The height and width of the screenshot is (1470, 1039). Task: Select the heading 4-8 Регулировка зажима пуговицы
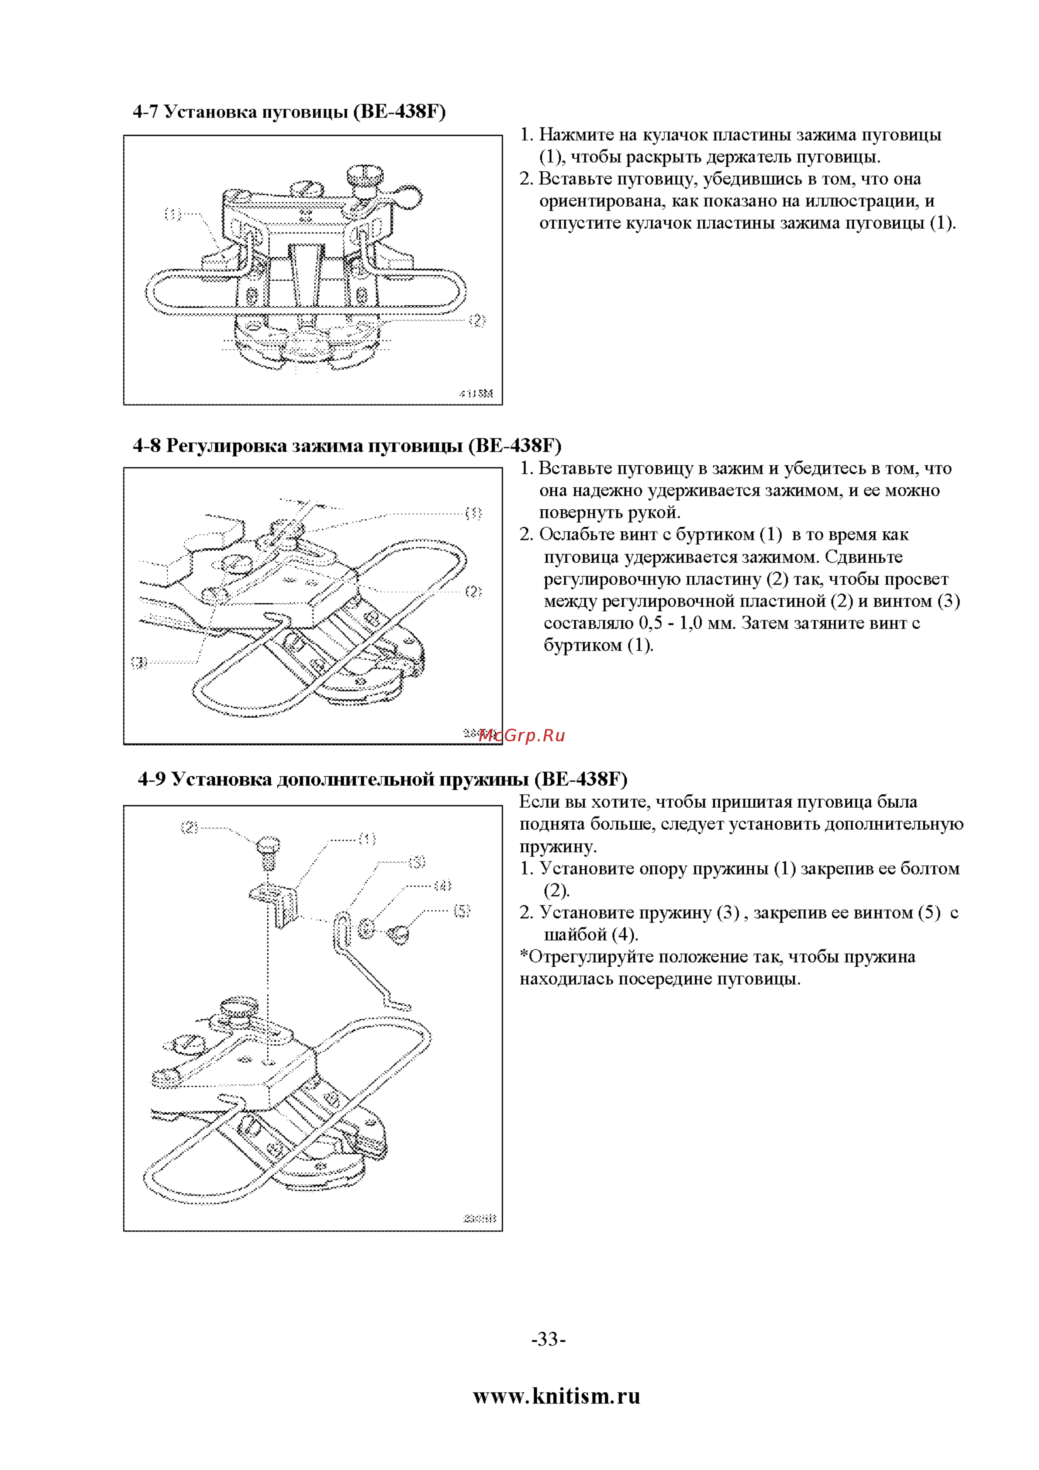click(x=347, y=445)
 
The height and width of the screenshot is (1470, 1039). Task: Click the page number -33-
click(x=549, y=1339)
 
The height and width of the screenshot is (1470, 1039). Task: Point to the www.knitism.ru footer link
click(x=556, y=1396)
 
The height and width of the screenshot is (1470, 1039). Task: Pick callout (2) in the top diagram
click(x=477, y=320)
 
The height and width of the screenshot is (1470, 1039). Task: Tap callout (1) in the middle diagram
click(x=473, y=513)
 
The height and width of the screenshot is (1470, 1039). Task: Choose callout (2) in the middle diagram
click(x=473, y=591)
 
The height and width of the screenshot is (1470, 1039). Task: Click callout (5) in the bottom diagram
click(x=462, y=910)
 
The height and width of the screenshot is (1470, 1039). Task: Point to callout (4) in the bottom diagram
click(x=443, y=885)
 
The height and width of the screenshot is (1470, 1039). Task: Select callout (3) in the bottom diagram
click(x=417, y=862)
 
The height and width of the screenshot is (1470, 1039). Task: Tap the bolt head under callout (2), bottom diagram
click(x=268, y=845)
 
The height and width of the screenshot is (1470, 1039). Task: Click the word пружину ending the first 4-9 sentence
click(x=558, y=847)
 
